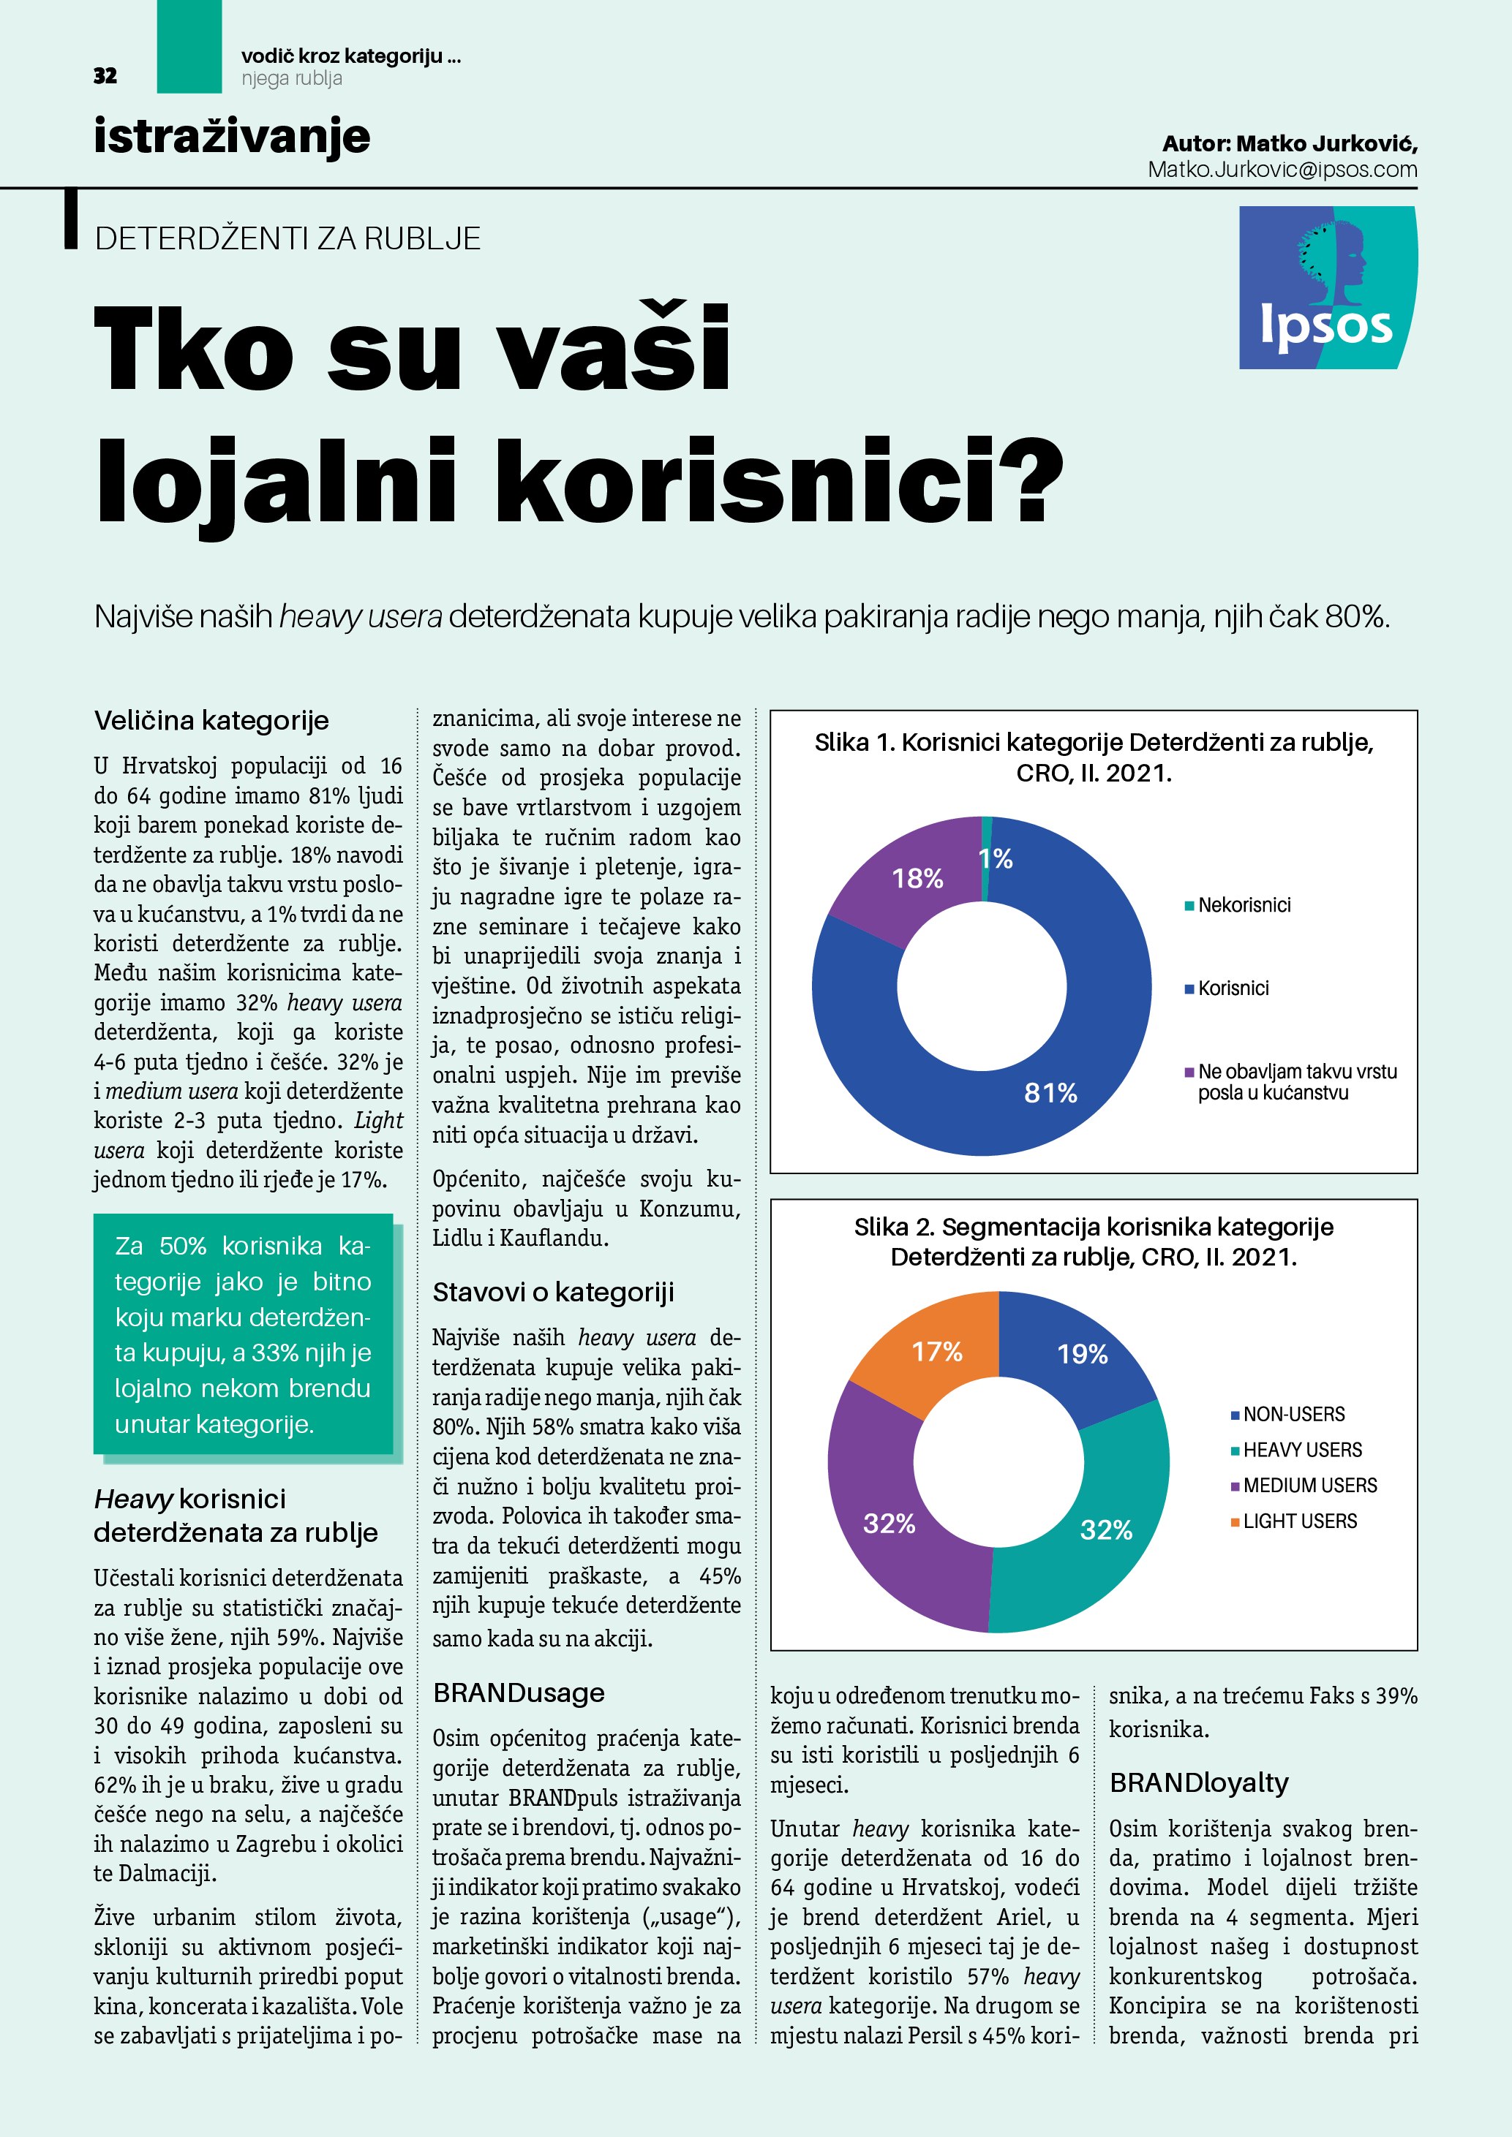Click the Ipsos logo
1327,287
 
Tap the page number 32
105,76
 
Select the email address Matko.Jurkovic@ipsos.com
1282,170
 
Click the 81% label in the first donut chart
1050,1093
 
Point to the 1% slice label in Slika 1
996,858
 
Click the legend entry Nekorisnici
1244,904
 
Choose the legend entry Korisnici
1233,988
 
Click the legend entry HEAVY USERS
1301,1449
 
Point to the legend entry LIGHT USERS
1300,1521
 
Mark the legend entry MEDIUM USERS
1309,1485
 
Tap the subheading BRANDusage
519,1692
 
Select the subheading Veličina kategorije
211,720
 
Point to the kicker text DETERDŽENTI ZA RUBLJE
287,238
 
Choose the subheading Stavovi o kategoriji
553,1292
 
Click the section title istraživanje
232,136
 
